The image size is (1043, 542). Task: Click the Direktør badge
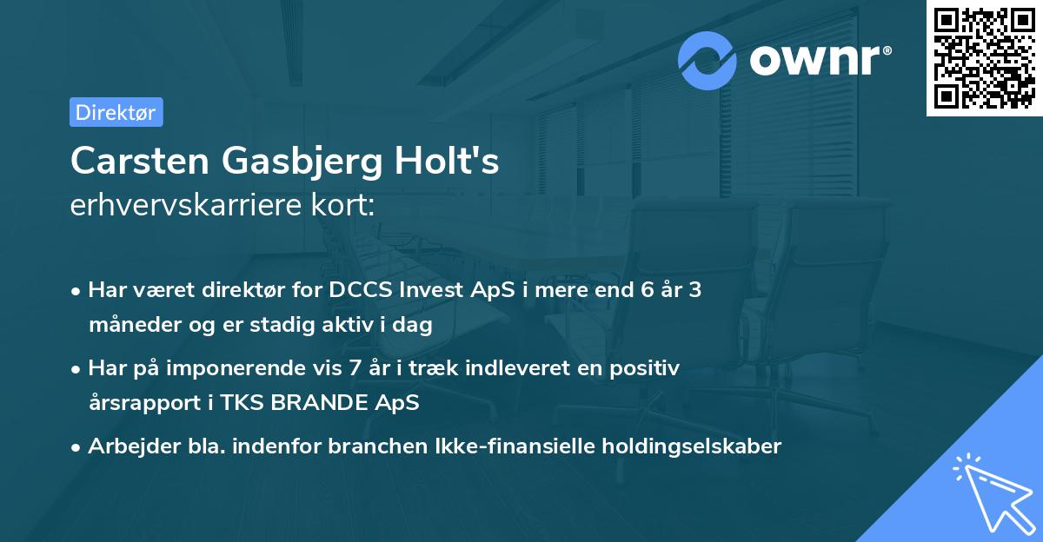(116, 112)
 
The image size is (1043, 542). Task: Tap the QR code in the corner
(985, 58)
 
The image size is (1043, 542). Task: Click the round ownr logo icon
(708, 61)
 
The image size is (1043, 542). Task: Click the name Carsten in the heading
(139, 162)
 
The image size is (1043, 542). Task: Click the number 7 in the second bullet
(355, 368)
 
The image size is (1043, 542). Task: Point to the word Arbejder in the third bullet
(127, 446)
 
